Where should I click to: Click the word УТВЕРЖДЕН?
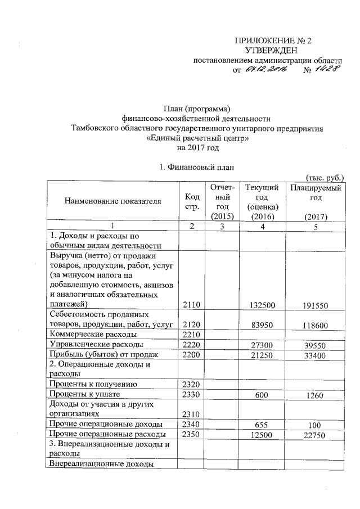[x=273, y=51]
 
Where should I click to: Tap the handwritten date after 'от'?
[x=265, y=70]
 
